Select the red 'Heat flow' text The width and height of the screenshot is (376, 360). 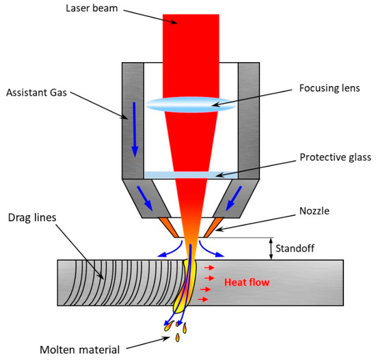(x=245, y=281)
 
